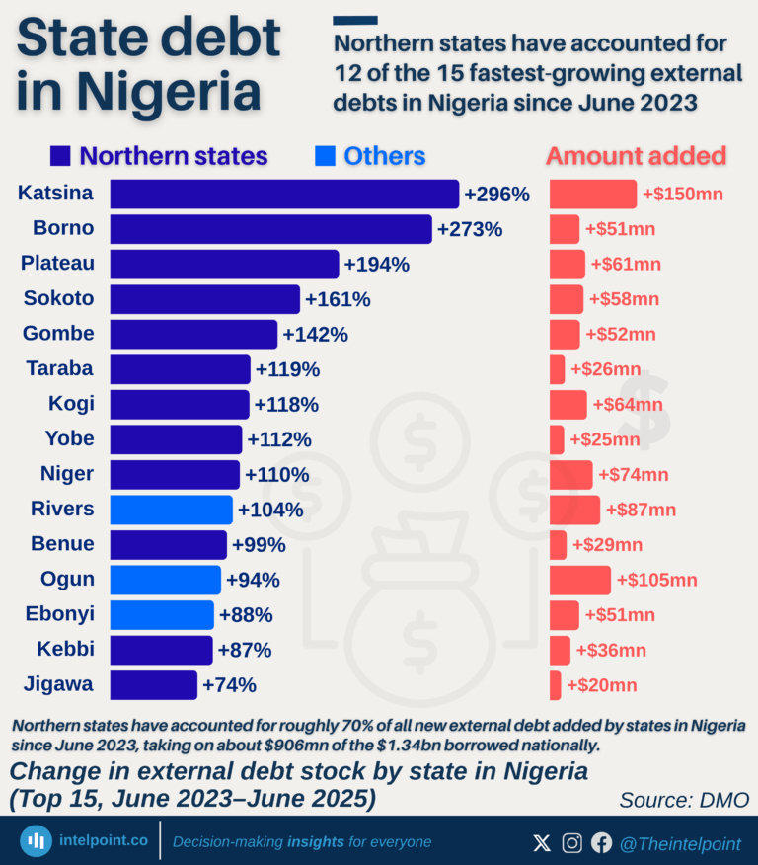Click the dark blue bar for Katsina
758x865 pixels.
284,194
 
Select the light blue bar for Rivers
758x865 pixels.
171,510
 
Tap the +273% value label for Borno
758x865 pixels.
470,229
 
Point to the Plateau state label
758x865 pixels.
58,264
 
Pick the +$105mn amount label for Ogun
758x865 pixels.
656,580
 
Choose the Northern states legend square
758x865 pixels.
59,156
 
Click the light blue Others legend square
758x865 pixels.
324,156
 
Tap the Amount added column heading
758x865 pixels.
636,156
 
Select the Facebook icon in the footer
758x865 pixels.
601,842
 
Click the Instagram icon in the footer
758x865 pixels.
571,842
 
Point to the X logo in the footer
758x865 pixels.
542,842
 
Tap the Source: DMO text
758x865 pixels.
683,799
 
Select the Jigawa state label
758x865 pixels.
58,683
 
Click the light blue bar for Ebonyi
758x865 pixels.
162,614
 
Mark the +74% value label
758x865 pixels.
229,684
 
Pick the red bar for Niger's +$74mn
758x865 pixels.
570,474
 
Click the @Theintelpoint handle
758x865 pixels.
680,842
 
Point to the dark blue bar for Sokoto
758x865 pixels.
204,299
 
